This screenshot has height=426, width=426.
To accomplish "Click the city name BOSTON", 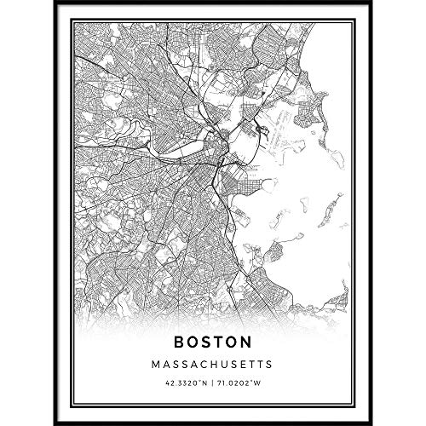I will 213,343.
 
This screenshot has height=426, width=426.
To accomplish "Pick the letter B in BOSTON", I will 178,343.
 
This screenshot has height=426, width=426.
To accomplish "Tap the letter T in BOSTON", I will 220,343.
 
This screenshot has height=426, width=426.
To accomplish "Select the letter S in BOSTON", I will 206,343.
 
